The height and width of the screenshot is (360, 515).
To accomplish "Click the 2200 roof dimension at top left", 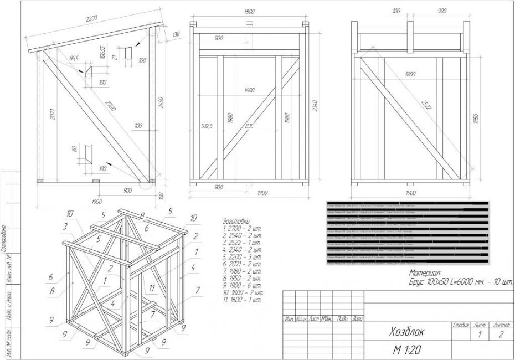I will (91, 19).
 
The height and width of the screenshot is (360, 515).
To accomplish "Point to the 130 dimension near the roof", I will (176, 35).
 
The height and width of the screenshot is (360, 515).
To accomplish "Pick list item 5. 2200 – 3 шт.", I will (242, 256).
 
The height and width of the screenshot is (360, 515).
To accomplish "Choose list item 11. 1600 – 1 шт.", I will (243, 300).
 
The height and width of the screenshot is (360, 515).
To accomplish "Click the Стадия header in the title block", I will (460, 325).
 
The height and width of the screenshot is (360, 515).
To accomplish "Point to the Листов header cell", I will (501, 325).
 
